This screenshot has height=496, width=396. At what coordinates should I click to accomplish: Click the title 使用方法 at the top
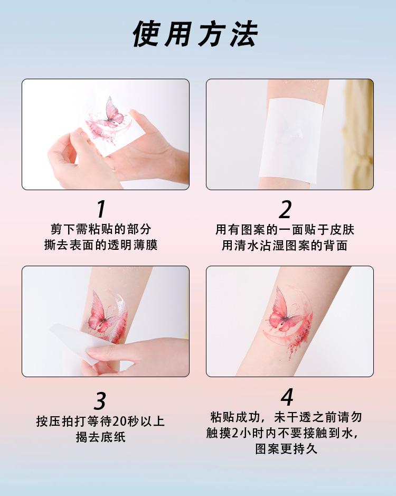click(x=195, y=34)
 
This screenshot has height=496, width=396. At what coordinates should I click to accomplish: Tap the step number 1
click(x=101, y=209)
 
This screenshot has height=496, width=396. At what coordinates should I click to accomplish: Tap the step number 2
click(x=285, y=209)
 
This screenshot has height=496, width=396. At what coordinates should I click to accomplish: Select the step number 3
click(x=100, y=401)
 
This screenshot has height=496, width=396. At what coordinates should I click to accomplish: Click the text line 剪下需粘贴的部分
click(x=101, y=229)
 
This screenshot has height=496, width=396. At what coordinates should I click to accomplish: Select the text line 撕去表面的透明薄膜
click(x=101, y=245)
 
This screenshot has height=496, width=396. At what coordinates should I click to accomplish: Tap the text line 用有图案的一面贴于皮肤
click(x=285, y=229)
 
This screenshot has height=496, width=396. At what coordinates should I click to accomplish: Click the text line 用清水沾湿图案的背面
click(x=285, y=245)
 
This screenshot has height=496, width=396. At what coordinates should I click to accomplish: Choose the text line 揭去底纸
click(x=100, y=437)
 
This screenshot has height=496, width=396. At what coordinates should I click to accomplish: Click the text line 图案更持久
click(x=286, y=449)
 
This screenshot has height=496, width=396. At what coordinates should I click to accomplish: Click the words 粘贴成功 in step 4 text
click(x=234, y=417)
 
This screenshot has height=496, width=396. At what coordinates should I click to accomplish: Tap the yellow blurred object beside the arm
click(x=360, y=133)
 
